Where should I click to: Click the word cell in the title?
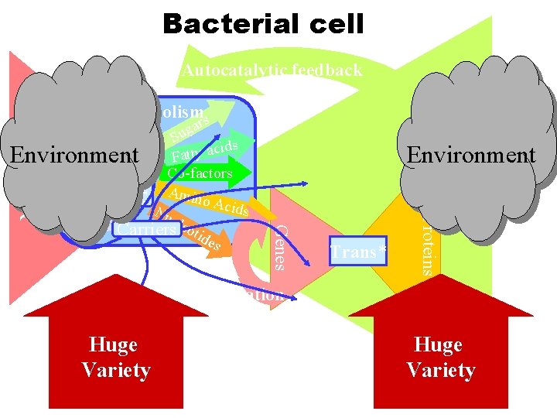[330, 24]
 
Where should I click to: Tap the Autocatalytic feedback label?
[272, 70]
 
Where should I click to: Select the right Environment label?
[471, 155]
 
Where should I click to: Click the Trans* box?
[358, 252]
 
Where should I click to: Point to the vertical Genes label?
[282, 248]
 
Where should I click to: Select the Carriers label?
[145, 229]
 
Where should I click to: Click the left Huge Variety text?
[115, 357]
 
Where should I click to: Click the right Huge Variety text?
[440, 357]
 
